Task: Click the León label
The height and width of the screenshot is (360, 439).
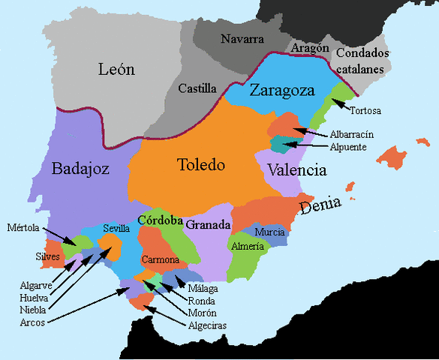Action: [x=116, y=70]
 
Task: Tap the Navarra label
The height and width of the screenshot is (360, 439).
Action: [x=242, y=38]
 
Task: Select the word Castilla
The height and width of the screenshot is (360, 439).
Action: [x=197, y=88]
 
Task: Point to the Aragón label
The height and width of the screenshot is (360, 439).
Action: [x=310, y=48]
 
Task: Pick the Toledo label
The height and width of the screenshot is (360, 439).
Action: [x=200, y=164]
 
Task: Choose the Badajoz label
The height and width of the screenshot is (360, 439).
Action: [x=80, y=169]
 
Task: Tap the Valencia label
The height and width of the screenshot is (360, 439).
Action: [x=296, y=170]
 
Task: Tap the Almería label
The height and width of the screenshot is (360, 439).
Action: [x=248, y=246]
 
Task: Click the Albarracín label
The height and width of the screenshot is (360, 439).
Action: [x=352, y=134]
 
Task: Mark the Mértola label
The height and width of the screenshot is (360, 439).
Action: [x=23, y=226]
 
